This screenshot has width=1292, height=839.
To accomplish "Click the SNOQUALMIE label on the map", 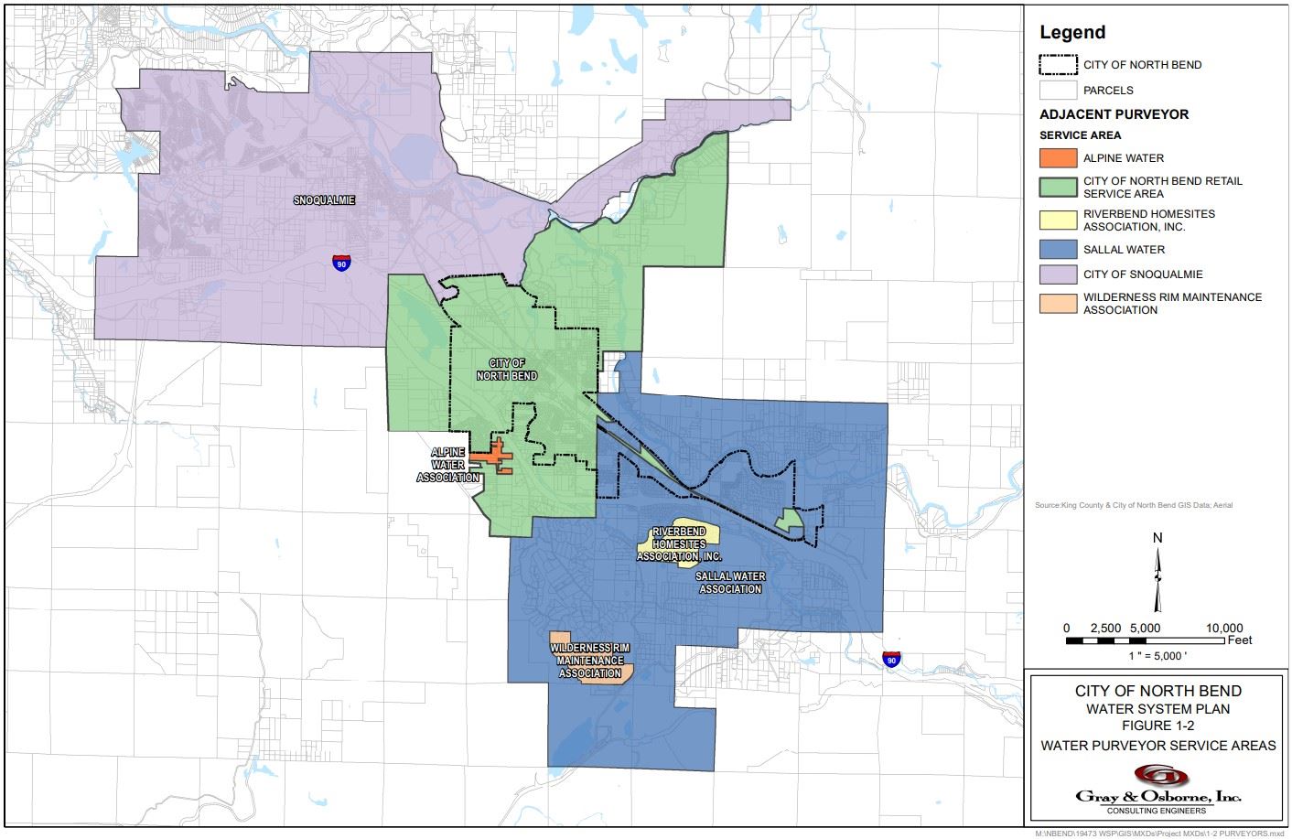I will pyautogui.click(x=324, y=199).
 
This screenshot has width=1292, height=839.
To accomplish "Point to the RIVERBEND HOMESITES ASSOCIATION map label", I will pyautogui.click(x=679, y=543).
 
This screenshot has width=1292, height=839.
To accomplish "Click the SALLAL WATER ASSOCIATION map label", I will pyautogui.click(x=730, y=583).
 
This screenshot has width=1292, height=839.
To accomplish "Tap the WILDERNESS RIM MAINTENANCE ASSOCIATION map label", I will pyautogui.click(x=590, y=661).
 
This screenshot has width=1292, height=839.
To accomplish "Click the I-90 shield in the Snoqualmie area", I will pyautogui.click(x=340, y=263).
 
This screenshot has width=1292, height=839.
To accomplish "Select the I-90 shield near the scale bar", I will pyautogui.click(x=891, y=659).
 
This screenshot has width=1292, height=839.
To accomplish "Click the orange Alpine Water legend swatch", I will pyautogui.click(x=1058, y=157).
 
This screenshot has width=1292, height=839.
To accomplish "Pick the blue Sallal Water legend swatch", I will pyautogui.click(x=1058, y=249).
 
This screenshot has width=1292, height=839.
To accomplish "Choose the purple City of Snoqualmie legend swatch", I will pyautogui.click(x=1058, y=274).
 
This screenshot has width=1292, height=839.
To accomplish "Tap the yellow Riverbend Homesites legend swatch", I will pyautogui.click(x=1058, y=220).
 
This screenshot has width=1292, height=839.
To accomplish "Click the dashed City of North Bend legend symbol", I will pyautogui.click(x=1058, y=65).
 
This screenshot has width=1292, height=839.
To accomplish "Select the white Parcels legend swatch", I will pyautogui.click(x=1058, y=91).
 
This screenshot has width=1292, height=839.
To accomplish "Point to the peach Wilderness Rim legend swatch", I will pyautogui.click(x=1058, y=303).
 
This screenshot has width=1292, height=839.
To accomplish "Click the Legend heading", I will pyautogui.click(x=1072, y=32).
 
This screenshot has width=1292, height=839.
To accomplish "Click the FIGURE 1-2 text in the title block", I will pyautogui.click(x=1157, y=726).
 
